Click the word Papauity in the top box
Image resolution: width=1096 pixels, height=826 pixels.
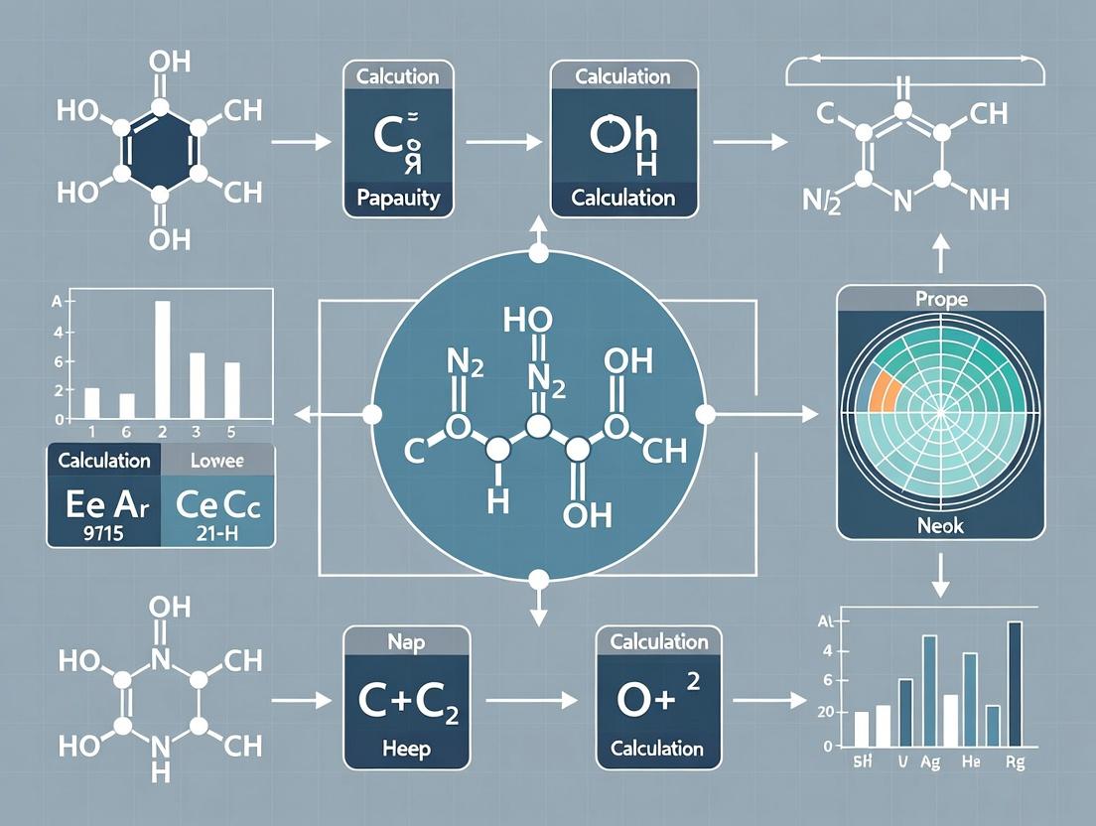click(x=397, y=198)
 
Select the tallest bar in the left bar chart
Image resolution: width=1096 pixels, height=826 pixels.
click(x=162, y=357)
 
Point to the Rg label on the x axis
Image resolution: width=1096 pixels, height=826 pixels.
click(x=1014, y=762)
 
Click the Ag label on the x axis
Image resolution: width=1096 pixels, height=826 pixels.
click(x=929, y=762)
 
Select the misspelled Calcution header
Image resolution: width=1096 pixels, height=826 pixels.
click(x=397, y=75)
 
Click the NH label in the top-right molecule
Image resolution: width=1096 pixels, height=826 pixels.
click(x=986, y=200)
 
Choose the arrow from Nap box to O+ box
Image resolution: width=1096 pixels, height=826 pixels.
click(x=530, y=700)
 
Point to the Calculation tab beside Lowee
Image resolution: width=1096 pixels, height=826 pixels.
click(x=104, y=461)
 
